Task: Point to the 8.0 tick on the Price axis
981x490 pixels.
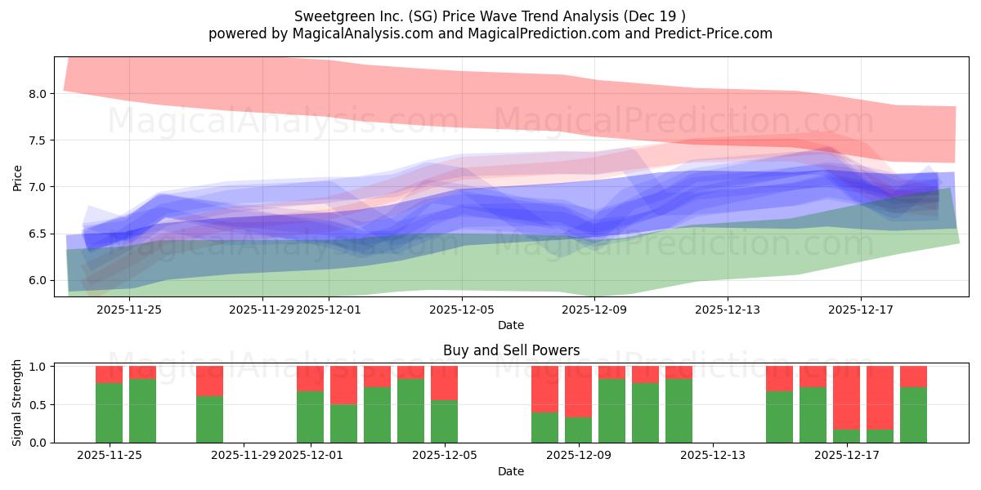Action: coord(37,94)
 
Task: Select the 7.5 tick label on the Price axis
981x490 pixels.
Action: coord(37,140)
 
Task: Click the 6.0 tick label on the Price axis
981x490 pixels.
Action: coord(37,280)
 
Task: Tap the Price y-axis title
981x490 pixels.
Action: coord(17,177)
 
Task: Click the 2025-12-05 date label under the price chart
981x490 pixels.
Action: coord(462,310)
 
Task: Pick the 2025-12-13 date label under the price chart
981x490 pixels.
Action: coord(728,310)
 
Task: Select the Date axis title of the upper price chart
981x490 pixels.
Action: coord(511,325)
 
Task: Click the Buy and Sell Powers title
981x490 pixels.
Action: coord(511,350)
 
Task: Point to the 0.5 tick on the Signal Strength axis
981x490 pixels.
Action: coord(37,405)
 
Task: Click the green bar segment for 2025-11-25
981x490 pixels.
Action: coord(109,412)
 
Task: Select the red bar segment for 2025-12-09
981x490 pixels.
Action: coord(578,391)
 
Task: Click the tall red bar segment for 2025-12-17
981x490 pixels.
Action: coord(846,397)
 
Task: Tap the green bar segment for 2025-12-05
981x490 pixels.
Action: coord(444,421)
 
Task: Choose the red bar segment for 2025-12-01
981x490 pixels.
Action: coord(310,378)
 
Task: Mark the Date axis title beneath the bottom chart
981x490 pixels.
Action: coord(511,471)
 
